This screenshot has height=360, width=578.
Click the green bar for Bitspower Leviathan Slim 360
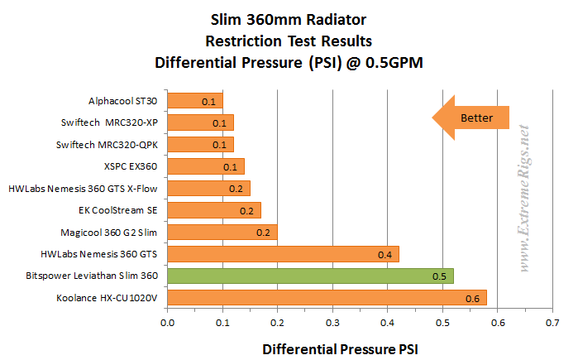coord(310,276)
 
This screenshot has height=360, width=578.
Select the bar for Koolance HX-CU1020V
coord(327,297)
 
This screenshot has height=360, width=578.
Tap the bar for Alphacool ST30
coord(195,102)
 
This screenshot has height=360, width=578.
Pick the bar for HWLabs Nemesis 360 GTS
coord(283,253)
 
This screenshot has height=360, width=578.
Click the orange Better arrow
coord(471,118)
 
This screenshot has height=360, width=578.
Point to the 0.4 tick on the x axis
coord(388,322)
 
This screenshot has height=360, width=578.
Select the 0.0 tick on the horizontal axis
coord(168,322)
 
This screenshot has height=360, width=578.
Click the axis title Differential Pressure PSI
coord(340,349)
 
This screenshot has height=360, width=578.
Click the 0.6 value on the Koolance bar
coord(471,298)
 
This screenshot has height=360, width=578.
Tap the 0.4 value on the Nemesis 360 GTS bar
coord(385,254)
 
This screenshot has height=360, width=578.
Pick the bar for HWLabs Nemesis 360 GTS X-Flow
coord(208,189)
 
